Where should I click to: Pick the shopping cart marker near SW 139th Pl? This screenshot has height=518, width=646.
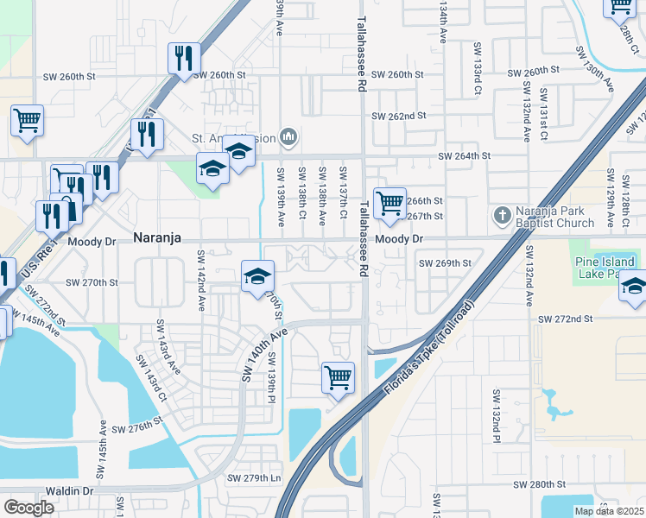pos(337,376)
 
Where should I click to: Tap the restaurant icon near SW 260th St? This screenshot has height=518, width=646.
pos(183,58)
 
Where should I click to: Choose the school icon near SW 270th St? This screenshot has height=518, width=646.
pos(257,276)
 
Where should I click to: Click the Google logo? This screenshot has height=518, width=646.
pos(28,508)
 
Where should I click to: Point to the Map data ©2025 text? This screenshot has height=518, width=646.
pos(609,511)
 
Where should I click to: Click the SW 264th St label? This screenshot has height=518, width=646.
pos(465,156)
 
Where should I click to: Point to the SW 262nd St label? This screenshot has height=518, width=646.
pos(399,116)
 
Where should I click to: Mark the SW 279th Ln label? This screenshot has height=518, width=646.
pos(254,478)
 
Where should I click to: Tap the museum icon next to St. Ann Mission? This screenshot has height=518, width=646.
pos(288,136)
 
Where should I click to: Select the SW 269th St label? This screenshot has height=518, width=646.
pos(445,262)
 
